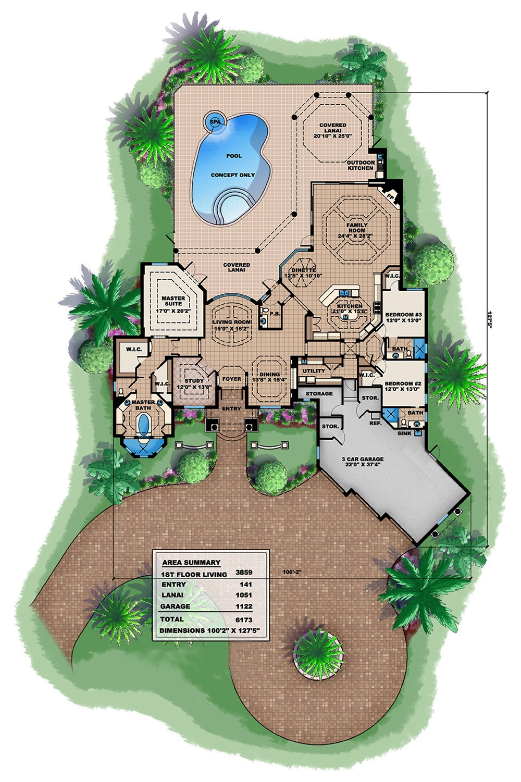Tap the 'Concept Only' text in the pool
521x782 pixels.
coord(233,175)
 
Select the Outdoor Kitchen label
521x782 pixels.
coord(361,165)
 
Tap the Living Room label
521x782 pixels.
coord(232,326)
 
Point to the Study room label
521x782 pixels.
coord(194,384)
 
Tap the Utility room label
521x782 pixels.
coord(314,371)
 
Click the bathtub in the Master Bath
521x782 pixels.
coord(143,427)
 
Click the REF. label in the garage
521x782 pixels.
coord(375,424)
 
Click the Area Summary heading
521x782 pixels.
coord(191,563)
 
